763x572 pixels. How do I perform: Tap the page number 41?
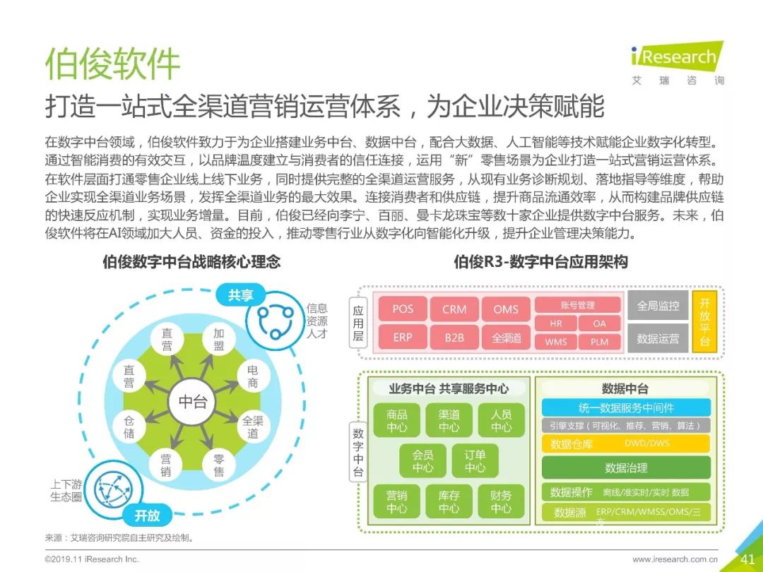point(747,559)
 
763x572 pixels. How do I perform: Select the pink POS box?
point(403,309)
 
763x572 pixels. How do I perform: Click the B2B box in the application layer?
point(454,338)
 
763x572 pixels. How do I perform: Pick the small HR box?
point(556,324)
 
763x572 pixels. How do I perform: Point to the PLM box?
point(599,342)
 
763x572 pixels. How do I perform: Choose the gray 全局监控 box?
point(658,306)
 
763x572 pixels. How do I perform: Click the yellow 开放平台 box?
point(704,322)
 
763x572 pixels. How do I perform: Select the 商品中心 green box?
point(397,421)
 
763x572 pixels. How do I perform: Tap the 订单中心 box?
point(475,461)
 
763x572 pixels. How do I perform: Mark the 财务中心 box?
point(501,501)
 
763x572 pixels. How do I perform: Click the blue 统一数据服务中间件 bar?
point(625,407)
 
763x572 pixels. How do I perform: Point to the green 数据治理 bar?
point(625,467)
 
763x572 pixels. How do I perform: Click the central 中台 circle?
point(192,402)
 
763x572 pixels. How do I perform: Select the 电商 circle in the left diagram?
point(252,376)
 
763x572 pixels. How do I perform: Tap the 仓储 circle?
point(129,426)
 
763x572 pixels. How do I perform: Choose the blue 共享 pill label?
point(240,295)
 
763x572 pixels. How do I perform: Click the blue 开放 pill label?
point(147,516)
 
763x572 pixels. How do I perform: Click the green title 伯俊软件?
point(113,64)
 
